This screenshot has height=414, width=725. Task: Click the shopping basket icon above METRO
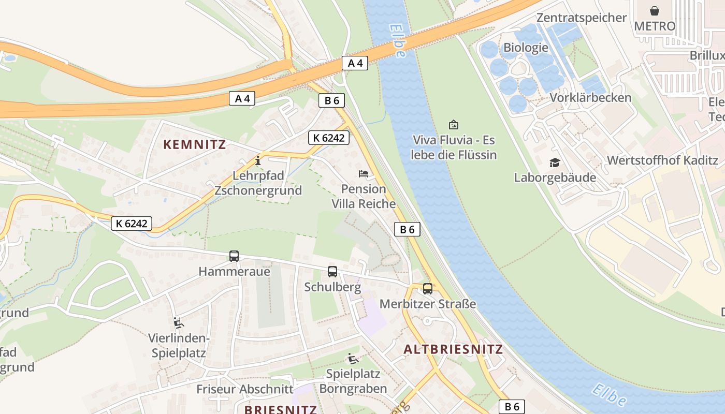(x=655, y=11)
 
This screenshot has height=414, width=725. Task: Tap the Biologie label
(x=526, y=48)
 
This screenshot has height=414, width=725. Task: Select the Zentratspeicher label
(x=582, y=18)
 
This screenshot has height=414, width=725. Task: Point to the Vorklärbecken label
(x=590, y=97)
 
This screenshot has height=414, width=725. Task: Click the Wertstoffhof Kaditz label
(x=662, y=160)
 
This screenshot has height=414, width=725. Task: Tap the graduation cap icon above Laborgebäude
(x=555, y=163)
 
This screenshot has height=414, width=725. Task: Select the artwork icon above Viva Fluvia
(x=454, y=125)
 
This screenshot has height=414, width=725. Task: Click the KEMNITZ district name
(x=195, y=144)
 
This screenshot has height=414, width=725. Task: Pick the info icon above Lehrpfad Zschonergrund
(x=258, y=161)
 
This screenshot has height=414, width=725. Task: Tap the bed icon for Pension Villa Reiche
(x=364, y=174)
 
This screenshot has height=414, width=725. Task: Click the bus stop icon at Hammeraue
(x=234, y=256)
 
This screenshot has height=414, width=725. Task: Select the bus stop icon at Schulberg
(x=332, y=272)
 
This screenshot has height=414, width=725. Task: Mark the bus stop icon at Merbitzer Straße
(x=428, y=289)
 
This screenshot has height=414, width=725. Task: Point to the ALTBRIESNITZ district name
(x=453, y=349)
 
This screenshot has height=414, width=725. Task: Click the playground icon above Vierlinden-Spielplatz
(x=178, y=323)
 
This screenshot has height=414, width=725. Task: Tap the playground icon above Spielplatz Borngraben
(x=353, y=359)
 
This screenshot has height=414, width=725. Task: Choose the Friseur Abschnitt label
(x=244, y=389)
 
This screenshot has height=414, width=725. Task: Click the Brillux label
(x=707, y=55)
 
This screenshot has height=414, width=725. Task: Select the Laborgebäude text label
(x=555, y=178)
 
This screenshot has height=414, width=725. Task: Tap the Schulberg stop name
(x=332, y=287)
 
